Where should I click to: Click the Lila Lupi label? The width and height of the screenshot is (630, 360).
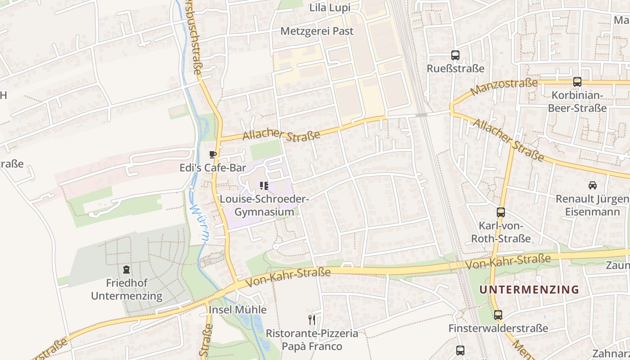pyautogui.click(x=329, y=8)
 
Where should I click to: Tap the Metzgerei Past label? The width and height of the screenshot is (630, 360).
pyautogui.click(x=317, y=31)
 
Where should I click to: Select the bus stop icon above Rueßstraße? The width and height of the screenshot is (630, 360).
pyautogui.click(x=455, y=55)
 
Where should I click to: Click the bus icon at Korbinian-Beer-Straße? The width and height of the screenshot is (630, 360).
pyautogui.click(x=577, y=82)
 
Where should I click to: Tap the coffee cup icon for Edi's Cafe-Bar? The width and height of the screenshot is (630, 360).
pyautogui.click(x=213, y=155)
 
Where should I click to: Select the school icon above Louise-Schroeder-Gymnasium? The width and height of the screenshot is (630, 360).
pyautogui.click(x=264, y=185)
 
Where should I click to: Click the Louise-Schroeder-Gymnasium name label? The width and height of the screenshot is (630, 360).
pyautogui.click(x=264, y=205)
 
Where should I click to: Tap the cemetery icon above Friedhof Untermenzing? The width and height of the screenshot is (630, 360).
pyautogui.click(x=126, y=270)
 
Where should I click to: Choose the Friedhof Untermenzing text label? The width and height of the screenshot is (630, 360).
pyautogui.click(x=126, y=289)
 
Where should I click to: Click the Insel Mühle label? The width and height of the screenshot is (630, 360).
pyautogui.click(x=238, y=310)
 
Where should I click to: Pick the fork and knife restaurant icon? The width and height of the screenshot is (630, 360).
pyautogui.click(x=311, y=319)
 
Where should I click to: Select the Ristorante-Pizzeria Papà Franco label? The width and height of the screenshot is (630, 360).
pyautogui.click(x=312, y=340)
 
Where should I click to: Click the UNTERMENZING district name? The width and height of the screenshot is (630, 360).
pyautogui.click(x=529, y=289)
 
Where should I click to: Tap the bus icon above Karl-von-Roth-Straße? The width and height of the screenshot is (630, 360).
pyautogui.click(x=500, y=212)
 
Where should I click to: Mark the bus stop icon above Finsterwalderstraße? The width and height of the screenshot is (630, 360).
pyautogui.click(x=498, y=315)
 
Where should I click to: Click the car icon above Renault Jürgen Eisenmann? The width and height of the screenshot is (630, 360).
pyautogui.click(x=593, y=185)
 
